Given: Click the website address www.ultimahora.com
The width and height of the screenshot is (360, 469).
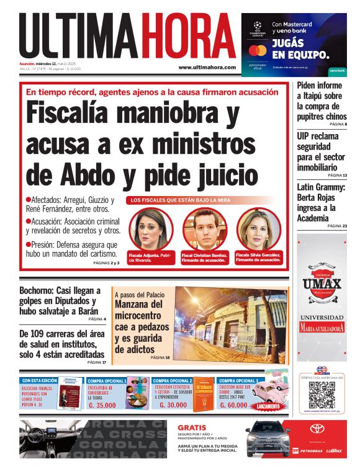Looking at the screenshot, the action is pyautogui.click(x=207, y=67).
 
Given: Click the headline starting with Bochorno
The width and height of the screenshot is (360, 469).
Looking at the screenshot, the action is pyautogui.click(x=60, y=301).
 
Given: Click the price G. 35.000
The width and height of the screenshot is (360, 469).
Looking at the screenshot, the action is pyautogui.click(x=102, y=405).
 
